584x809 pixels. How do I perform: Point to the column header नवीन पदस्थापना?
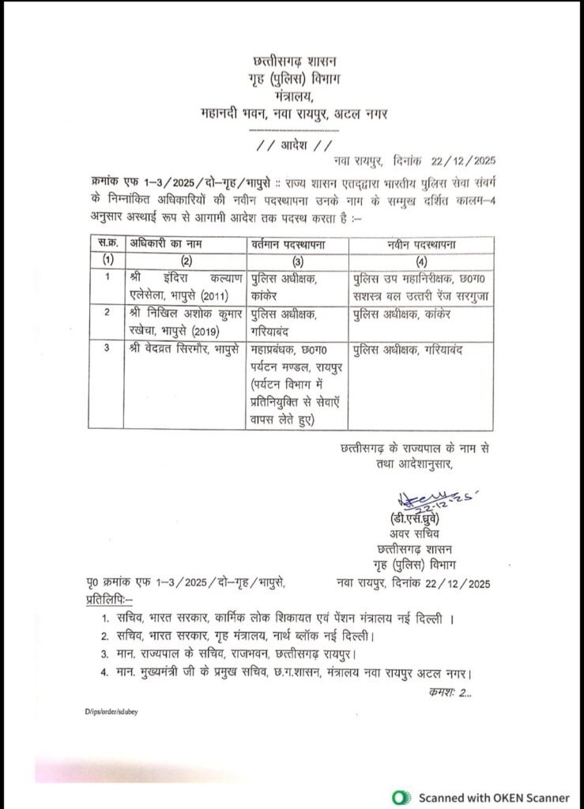(x=420, y=243)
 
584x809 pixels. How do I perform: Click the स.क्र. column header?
(x=108, y=243)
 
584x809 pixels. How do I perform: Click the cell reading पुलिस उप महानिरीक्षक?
(x=420, y=286)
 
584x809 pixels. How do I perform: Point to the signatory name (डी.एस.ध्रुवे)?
(x=419, y=521)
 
